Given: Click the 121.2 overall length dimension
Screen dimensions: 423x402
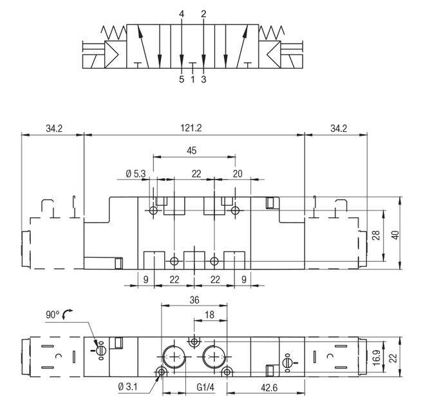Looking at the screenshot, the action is point(191,128).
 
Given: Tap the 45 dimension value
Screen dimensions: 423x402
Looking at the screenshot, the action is point(191,151).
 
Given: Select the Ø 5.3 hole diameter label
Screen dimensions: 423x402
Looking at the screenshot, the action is point(136,174).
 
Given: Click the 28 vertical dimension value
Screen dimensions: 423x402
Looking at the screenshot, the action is point(377,235).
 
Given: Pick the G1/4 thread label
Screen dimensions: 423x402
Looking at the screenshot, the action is point(205,387).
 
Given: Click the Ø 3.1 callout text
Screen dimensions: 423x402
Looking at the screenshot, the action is point(127,387).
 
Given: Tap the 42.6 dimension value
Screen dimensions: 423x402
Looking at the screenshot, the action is point(269,388).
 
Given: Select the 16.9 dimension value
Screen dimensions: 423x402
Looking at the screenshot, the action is point(377,357).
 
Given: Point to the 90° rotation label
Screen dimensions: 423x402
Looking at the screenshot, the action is point(52,315).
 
